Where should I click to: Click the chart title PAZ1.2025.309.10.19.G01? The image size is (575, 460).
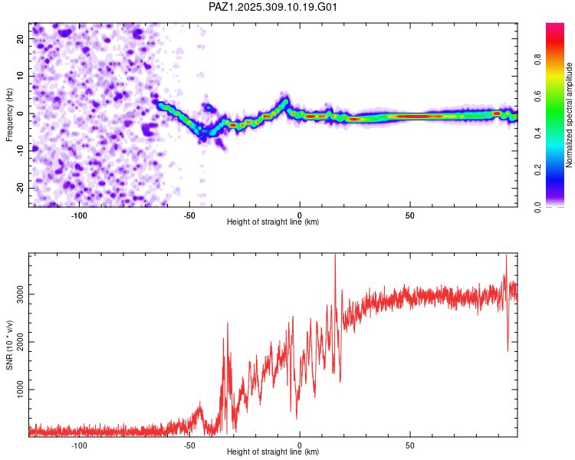click(x=274, y=8)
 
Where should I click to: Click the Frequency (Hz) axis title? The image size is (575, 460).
click(x=9, y=114)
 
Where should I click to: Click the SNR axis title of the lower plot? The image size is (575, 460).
click(x=9, y=344)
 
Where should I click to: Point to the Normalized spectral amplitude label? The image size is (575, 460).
click(x=569, y=115)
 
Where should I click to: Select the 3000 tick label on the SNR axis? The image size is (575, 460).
click(x=17, y=294)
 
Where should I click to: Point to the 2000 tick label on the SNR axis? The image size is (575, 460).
click(x=17, y=342)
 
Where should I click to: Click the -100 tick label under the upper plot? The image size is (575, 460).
click(x=79, y=215)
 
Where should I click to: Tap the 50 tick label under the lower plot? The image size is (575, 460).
click(x=410, y=445)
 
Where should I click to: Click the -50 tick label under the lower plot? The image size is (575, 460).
click(x=189, y=445)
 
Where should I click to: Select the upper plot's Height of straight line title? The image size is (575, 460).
click(x=273, y=222)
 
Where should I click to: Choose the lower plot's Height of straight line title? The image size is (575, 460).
click(x=273, y=452)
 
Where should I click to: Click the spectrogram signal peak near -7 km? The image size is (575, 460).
click(x=285, y=100)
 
